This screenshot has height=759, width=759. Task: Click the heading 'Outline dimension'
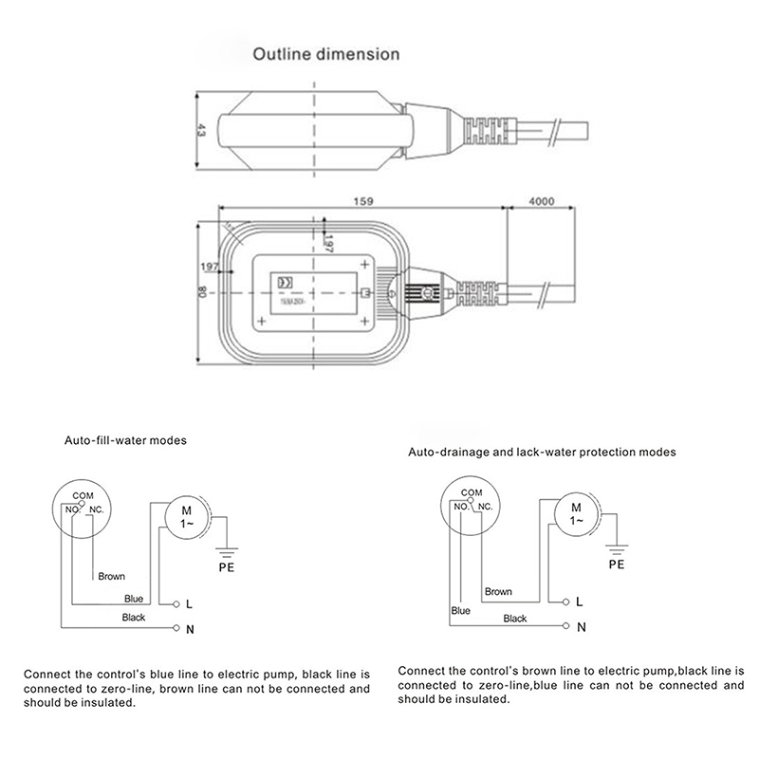(x=325, y=54)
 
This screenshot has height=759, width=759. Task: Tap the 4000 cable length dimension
(x=543, y=201)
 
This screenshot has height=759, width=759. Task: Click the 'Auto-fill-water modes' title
(x=125, y=441)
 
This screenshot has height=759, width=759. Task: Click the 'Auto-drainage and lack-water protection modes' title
(x=543, y=453)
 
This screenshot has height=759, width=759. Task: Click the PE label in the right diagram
(x=616, y=563)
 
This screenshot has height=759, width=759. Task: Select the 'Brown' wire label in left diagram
(x=110, y=576)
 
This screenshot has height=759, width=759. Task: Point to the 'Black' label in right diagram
(x=515, y=619)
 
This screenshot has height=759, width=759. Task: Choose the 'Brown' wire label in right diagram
(x=498, y=591)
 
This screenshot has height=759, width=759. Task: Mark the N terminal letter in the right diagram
(x=582, y=627)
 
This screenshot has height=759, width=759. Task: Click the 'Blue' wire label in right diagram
(x=461, y=611)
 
